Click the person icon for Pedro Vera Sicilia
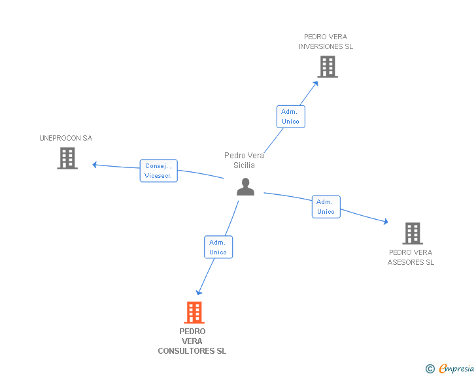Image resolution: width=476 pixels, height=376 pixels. coord(245,187)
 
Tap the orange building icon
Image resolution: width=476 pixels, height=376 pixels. coord(194,312)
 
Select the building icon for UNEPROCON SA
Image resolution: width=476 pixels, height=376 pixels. coord(67,158)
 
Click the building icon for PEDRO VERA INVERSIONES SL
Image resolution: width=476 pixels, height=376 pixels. coord(328,67)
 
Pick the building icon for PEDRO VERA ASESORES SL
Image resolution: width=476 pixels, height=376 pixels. coord(413,233)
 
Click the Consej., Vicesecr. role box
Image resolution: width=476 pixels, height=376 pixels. coord(158,171)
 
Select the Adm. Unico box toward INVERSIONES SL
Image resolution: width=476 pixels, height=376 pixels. coord(291,116)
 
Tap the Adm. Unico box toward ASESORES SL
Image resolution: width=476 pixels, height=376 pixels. coord(326,207)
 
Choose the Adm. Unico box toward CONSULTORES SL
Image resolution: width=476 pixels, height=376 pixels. coord(218,247)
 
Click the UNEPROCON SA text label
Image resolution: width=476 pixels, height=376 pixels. coord(66,138)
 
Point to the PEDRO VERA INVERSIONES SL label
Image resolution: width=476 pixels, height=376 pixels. coord(326,42)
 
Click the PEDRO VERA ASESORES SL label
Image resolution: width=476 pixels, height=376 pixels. coord(411,257)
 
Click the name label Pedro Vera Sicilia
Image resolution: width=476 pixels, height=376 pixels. coord(244,160)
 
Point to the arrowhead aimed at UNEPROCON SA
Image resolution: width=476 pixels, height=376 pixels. coord(94,165)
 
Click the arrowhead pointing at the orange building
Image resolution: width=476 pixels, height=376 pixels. coord(199,292)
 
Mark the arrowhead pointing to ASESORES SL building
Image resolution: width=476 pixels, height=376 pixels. coord(386,222)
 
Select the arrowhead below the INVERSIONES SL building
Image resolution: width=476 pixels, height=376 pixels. coord(316,84)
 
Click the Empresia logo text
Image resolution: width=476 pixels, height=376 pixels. coord(456,368)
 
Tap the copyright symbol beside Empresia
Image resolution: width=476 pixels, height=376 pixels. coord(430,369)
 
